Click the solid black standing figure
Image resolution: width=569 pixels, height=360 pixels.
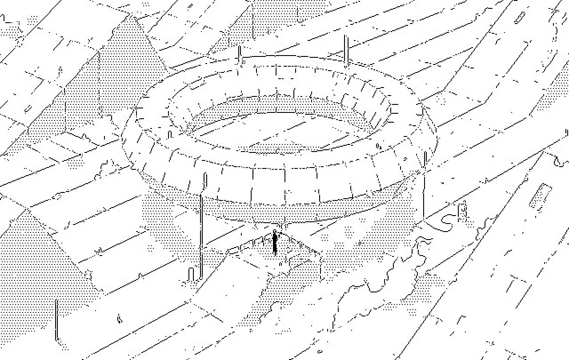coord(275,243)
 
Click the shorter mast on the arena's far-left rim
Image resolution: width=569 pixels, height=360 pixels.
coord(239,55)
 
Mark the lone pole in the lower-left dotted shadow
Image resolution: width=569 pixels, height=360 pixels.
coord(56,320)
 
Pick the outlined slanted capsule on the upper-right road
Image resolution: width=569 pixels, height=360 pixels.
coord(519,17)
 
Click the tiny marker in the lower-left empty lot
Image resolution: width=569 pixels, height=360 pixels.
coord(119,318)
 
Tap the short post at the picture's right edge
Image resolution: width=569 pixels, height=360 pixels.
coord(566,133)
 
